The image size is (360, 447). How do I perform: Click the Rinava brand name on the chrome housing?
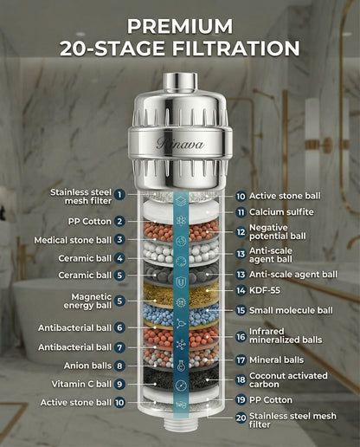180,144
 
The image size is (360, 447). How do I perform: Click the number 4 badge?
120,258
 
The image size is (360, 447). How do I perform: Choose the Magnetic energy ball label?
80,301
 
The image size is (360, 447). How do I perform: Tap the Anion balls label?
83,366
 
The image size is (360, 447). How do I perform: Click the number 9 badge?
120,384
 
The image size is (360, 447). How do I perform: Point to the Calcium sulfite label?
281,211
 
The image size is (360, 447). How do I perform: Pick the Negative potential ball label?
283,232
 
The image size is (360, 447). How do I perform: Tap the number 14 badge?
241,290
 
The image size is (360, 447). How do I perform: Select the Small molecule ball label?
291,310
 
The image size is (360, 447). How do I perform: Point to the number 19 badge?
241,400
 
